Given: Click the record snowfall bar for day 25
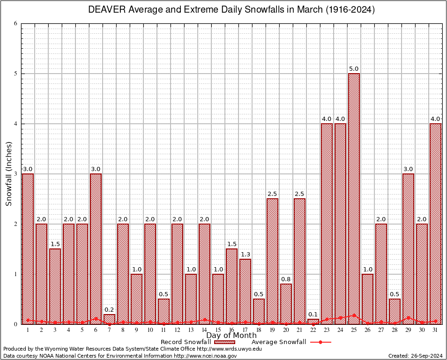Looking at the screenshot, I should click(354, 197).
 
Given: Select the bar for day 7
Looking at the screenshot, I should click(109, 319).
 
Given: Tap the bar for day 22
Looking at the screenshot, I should click(313, 322).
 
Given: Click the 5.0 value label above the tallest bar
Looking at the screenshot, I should click(354, 69).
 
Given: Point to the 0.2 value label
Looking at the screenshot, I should click(109, 310).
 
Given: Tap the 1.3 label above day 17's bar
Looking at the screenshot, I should click(245, 255).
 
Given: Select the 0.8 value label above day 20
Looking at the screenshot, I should click(286, 280).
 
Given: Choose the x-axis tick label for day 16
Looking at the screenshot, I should click(231, 330).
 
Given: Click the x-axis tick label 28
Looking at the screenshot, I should click(395, 330).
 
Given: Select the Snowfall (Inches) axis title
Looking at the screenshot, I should click(9, 174).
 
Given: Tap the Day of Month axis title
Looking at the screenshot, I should click(231, 336).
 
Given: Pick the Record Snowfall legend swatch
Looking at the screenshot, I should click(224, 342).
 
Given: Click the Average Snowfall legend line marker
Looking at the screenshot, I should click(320, 342).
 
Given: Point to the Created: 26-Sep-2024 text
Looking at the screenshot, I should click(415, 356).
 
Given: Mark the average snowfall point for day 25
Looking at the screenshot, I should click(354, 315).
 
